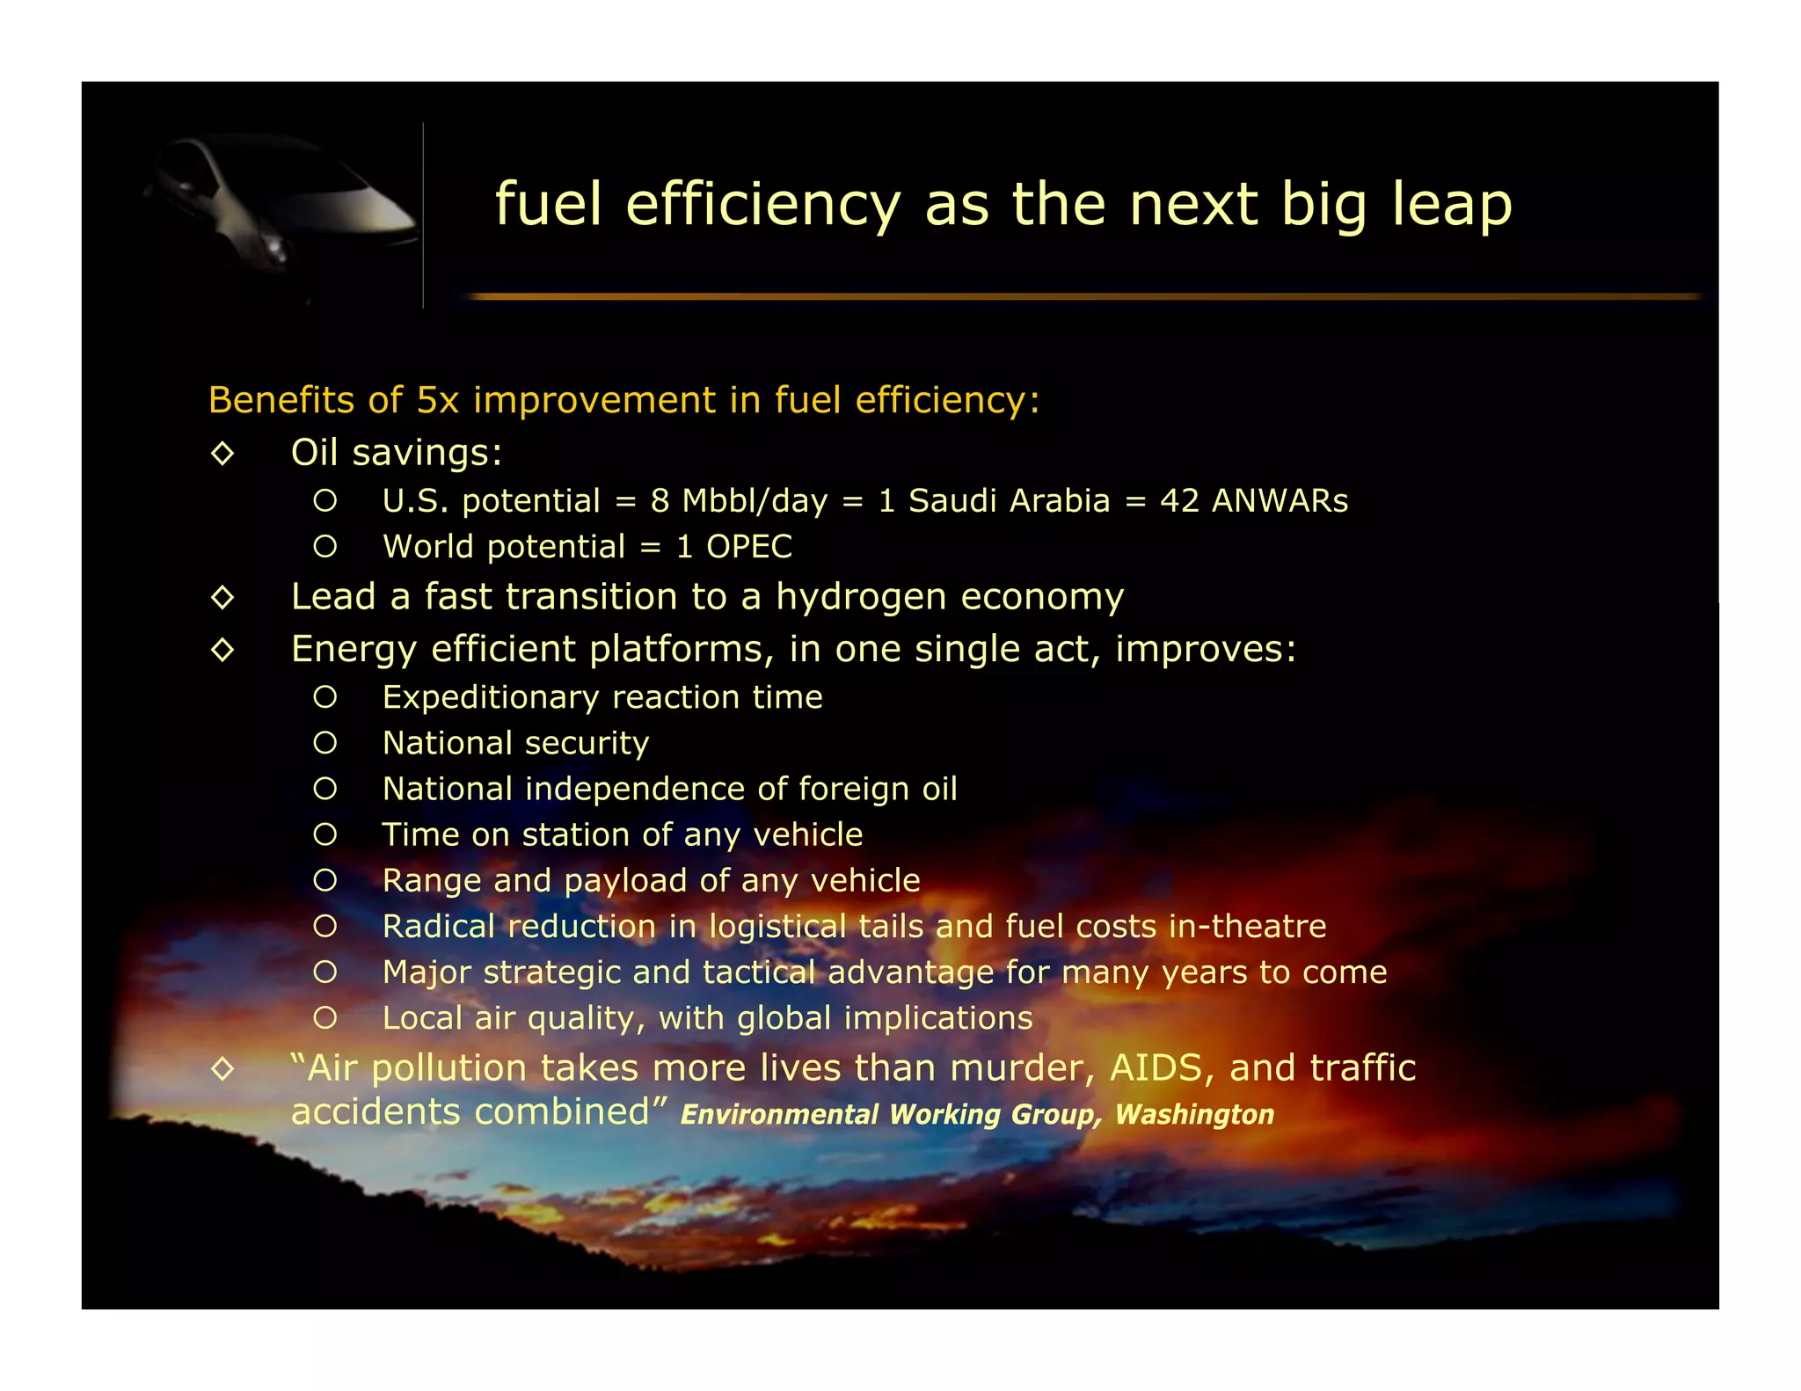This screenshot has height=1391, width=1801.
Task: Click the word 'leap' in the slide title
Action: (1451, 205)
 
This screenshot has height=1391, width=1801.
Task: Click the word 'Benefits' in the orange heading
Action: (281, 400)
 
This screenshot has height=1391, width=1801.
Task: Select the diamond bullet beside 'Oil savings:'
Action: (222, 454)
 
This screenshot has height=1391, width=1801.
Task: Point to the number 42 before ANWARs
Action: (1179, 500)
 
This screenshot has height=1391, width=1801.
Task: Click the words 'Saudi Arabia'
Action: (1009, 500)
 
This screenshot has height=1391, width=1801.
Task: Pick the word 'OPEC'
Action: (749, 547)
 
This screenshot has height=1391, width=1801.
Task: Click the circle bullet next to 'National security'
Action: (325, 743)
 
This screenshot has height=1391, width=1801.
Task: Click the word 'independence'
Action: (634, 789)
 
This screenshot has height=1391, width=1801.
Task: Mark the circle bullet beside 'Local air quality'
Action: (325, 1018)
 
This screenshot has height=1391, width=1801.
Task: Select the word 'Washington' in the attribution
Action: (1194, 1114)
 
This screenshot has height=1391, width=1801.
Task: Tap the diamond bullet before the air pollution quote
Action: (222, 1069)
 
